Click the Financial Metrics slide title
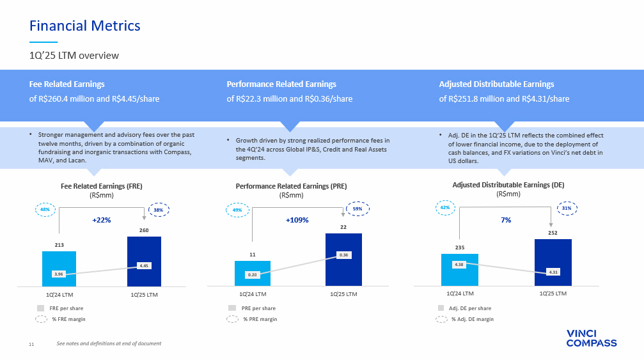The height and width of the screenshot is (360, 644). pos(84,26)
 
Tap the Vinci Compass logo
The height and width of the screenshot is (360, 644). pos(592,338)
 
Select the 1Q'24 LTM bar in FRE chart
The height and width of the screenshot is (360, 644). pos(59,269)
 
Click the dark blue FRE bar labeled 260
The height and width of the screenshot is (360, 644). pos(144,262)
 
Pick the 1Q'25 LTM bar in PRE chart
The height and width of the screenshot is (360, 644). pos(344,260)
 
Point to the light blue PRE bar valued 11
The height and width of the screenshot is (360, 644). pos(253,274)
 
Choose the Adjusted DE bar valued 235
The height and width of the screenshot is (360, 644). pos(460,270)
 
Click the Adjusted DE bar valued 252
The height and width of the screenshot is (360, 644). pos(553,262)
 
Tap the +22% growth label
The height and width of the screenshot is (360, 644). pos(102,220)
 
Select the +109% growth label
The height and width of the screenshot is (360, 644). pos(297,220)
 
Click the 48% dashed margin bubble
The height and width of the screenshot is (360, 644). pos(45,210)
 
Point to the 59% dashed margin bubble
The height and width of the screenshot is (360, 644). pos(357,208)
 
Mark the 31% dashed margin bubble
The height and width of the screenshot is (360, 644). pos(567,208)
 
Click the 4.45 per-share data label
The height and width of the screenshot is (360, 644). pos(144,265)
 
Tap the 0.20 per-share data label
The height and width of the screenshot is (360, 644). pos(252,274)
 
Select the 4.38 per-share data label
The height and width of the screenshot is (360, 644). pos(459,264)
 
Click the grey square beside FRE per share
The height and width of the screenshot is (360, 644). pos(40,308)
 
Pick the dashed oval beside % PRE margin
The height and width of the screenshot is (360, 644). pos(232,319)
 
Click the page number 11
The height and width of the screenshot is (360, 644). pos(31,344)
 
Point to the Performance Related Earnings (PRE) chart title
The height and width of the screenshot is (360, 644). pos(291,186)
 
